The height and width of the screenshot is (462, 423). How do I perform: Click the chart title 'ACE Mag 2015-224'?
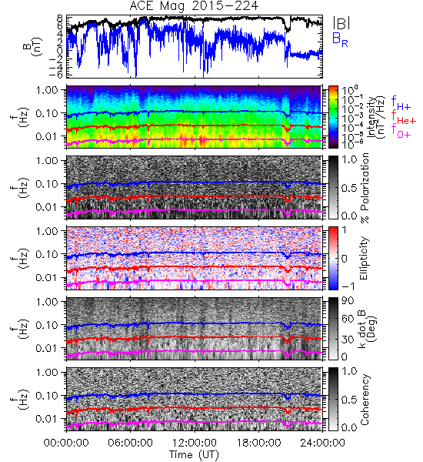coord(194,5)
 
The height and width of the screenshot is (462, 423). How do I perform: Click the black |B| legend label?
coord(341,23)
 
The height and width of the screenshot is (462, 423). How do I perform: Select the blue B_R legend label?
coord(340,39)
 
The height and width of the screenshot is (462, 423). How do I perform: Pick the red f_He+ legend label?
coord(404,117)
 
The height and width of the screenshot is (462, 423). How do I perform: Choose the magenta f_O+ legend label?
coord(401,131)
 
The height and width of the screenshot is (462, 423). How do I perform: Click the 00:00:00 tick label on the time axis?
coord(66,443)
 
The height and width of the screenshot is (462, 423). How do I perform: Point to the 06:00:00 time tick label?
coord(130,443)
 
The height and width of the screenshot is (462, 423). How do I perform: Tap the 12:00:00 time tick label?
coord(195,443)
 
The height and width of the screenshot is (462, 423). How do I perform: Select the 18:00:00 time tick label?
coord(258,443)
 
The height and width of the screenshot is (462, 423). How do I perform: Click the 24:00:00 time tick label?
coord(322,443)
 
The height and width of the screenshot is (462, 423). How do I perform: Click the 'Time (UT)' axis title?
coord(194,454)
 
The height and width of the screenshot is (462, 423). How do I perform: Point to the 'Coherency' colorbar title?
coord(365,400)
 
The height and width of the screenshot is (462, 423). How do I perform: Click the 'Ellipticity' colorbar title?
coord(364,259)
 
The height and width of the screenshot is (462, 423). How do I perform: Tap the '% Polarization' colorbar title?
coord(365,188)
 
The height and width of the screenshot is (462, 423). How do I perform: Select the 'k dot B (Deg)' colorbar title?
coord(368,329)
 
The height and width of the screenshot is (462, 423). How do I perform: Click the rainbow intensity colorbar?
coord(333,117)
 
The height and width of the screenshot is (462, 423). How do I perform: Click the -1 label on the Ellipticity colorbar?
coord(348,286)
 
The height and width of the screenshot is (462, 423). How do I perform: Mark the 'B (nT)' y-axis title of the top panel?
coord(34,46)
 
